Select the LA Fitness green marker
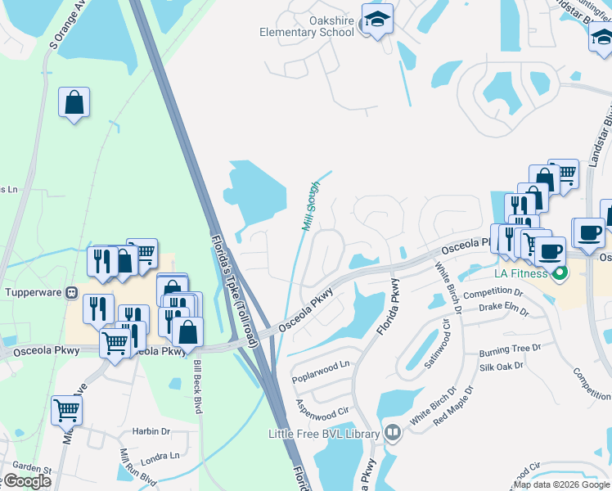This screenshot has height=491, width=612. (x=560, y=273)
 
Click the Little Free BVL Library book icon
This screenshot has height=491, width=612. (x=392, y=432)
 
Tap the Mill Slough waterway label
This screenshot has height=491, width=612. (x=311, y=207)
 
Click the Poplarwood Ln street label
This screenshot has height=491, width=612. (x=321, y=364)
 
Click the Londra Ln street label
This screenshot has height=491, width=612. (x=160, y=456)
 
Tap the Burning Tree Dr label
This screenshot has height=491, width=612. (x=511, y=349)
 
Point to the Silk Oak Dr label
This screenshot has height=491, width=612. (x=501, y=367)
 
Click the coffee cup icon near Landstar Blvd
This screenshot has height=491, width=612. (x=587, y=232)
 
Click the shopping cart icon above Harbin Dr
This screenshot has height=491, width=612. (x=65, y=409)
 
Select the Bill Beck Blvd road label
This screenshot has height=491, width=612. (x=196, y=386)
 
